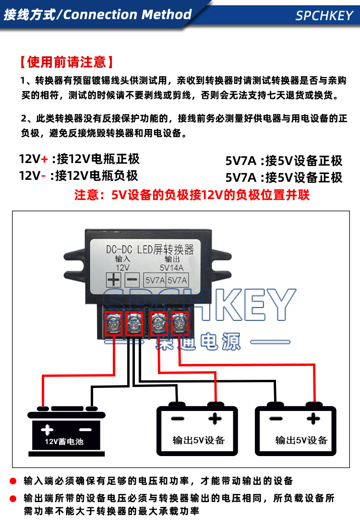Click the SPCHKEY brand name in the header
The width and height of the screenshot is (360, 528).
pos(324,15)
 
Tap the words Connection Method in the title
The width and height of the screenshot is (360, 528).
pos(127,14)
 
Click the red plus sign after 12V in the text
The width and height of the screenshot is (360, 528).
pos(45,159)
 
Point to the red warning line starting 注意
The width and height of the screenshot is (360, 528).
pos(192,196)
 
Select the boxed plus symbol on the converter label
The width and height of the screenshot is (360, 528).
pos(113,280)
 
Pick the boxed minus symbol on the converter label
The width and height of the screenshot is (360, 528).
pos(132,280)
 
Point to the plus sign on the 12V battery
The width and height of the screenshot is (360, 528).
pos(47,429)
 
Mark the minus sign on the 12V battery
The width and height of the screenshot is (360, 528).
pos(85,429)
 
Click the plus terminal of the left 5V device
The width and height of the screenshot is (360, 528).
pos(215,419)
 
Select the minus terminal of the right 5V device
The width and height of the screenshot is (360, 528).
pos(276,419)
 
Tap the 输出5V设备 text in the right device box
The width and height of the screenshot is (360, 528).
pos(301,440)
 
